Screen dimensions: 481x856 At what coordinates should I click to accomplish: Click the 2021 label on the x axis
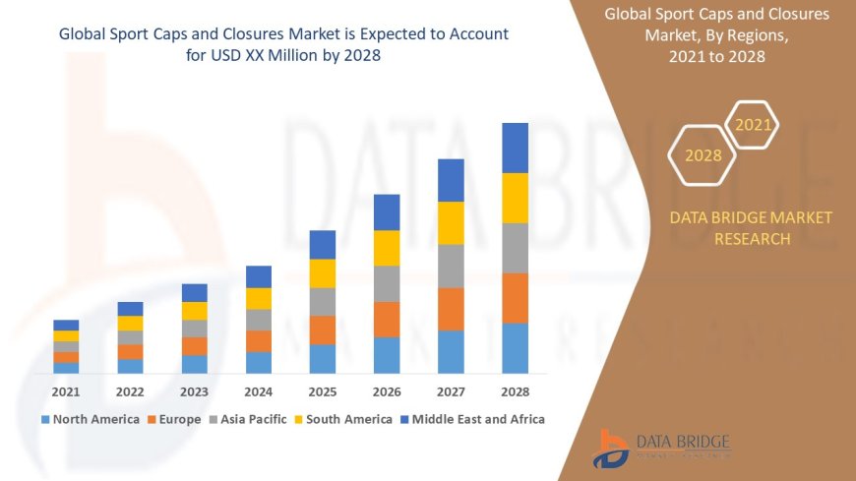click(66, 391)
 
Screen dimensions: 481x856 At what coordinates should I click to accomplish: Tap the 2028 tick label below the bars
click(515, 391)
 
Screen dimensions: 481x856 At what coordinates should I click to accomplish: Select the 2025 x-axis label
click(323, 391)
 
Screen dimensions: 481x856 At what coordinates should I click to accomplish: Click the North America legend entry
click(90, 419)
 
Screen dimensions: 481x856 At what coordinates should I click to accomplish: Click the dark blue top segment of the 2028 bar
click(515, 148)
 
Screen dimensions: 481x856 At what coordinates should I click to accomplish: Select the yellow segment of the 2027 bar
click(451, 222)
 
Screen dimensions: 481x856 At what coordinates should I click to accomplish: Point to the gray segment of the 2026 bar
click(387, 283)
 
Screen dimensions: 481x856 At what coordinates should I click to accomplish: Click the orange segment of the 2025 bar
click(323, 330)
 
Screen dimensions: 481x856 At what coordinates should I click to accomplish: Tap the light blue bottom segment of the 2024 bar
click(259, 362)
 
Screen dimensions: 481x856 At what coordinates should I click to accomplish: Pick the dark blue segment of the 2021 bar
click(66, 325)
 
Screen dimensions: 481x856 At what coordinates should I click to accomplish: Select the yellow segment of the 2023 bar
click(195, 311)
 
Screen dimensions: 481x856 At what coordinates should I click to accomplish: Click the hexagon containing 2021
click(754, 125)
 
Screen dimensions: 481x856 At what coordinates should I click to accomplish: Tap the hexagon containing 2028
click(703, 155)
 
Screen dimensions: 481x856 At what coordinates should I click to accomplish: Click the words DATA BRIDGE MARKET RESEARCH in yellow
click(751, 227)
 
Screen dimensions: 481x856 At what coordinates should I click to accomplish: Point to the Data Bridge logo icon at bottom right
click(611, 449)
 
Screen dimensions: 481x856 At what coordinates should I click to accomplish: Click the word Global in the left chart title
click(83, 33)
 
